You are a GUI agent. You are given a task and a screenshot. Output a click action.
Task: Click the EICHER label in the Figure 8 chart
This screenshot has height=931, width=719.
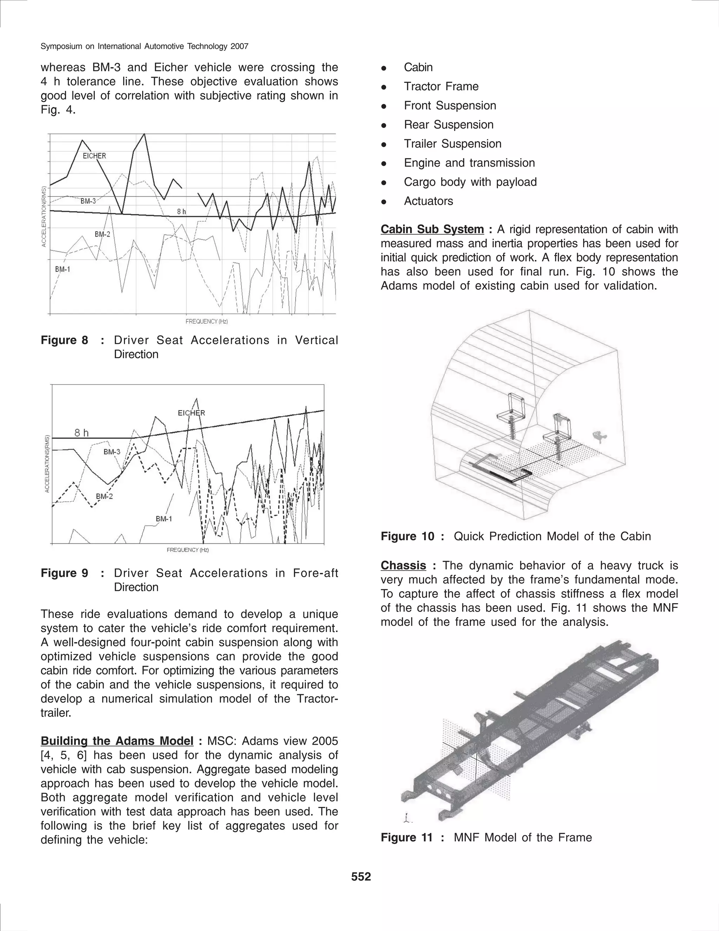pos(94,156)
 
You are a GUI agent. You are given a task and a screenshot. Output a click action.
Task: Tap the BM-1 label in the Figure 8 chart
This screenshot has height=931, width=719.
pos(62,269)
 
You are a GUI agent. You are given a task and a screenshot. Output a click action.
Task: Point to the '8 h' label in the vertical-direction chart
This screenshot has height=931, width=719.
pos(182,211)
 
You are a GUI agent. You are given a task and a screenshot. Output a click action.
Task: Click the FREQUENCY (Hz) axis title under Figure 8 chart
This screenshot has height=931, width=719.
pos(206,321)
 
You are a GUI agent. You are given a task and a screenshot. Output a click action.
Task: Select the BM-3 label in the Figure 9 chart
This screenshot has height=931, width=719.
pos(112,452)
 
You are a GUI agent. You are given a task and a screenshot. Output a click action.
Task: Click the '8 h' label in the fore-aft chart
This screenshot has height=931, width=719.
pos(81,433)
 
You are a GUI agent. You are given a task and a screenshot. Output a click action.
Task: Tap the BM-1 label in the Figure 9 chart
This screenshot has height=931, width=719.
pos(164,519)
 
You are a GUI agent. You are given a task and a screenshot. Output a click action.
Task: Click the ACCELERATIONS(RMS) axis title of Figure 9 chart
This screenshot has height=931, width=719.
pos(47,464)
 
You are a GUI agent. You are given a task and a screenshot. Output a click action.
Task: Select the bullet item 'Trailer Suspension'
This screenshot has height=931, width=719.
pos(452,144)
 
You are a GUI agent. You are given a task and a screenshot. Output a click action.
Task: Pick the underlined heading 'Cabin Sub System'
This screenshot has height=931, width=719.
pos(432,229)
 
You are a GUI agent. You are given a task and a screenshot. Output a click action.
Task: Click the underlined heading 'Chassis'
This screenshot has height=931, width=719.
pos(403,566)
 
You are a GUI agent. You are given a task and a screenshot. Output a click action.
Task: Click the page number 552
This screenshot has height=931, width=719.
pos(361,877)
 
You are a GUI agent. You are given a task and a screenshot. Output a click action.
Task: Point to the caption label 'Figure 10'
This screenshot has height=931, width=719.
pos(407,536)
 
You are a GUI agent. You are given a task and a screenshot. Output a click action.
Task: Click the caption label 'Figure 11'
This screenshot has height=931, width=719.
pos(407,838)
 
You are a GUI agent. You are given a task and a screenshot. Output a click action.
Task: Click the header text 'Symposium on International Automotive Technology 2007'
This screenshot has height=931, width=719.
pos(144,46)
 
